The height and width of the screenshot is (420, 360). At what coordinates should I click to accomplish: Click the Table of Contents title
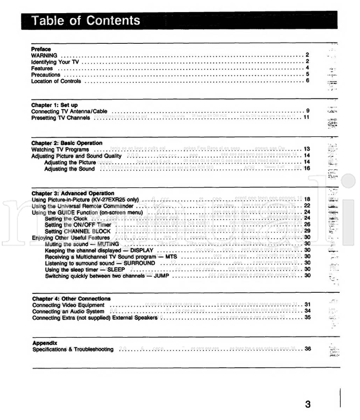(86, 21)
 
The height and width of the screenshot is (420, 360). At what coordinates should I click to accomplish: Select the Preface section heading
(41, 48)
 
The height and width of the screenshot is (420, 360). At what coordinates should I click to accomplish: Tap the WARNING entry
(44, 55)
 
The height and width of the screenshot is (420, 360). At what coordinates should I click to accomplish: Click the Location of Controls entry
(58, 81)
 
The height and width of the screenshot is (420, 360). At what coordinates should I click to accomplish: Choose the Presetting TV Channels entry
(61, 118)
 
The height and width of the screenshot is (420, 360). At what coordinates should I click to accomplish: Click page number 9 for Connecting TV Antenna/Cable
(307, 112)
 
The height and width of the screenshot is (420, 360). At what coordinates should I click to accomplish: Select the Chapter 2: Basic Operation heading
(67, 143)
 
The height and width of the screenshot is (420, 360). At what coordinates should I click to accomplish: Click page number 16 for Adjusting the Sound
(305, 169)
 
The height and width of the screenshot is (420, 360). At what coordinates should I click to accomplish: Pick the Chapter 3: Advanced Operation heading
(71, 193)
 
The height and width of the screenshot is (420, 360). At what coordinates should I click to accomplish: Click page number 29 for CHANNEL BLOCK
(305, 232)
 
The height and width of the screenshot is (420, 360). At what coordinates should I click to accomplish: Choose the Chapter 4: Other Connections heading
(71, 299)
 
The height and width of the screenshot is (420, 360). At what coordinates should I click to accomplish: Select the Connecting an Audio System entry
(70, 312)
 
